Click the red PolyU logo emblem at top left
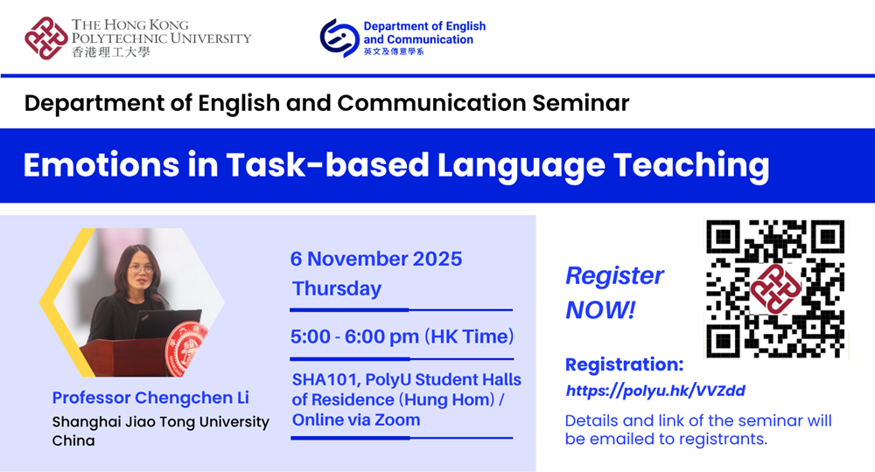[x=46, y=38]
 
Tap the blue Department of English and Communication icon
[x=339, y=38]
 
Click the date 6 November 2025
[x=376, y=259]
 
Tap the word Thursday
[x=337, y=288]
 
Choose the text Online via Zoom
[x=356, y=420]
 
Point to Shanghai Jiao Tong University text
[x=161, y=422]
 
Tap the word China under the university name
[x=73, y=441]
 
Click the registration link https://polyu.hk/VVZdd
[x=655, y=391]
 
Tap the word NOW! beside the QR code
[x=600, y=309]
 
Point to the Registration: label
[x=624, y=364]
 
